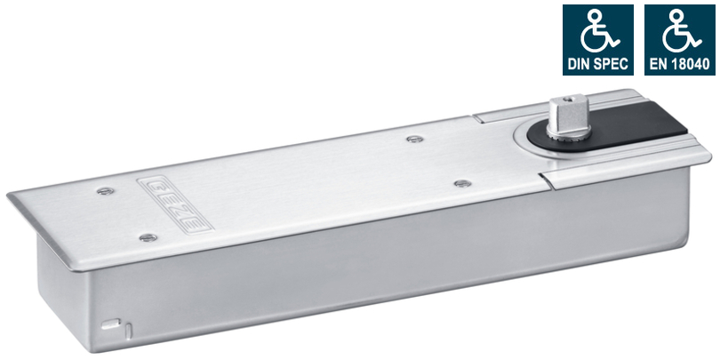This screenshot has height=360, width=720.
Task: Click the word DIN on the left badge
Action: [x=579, y=64]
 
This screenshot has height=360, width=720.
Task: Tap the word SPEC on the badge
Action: [x=610, y=64]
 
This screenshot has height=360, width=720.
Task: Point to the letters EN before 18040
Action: [x=656, y=64]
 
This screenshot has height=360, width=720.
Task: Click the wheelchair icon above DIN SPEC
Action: [x=600, y=31]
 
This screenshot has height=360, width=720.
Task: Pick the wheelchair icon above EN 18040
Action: [x=682, y=31]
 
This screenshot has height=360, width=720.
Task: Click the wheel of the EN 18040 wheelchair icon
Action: [x=675, y=40]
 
